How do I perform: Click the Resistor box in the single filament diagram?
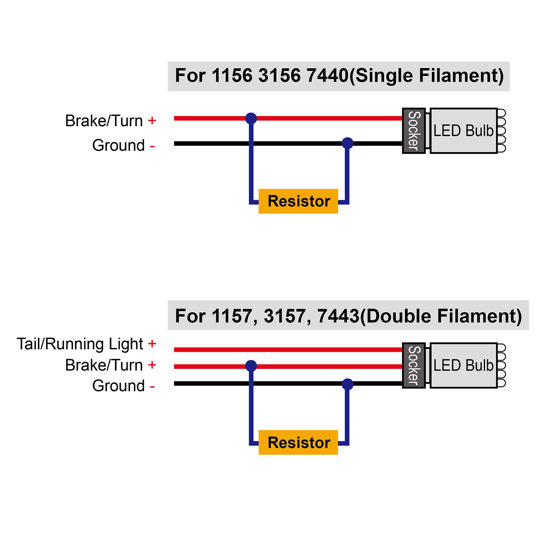click(298, 201)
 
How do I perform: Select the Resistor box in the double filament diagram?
click(298, 442)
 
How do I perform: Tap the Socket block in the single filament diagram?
click(414, 131)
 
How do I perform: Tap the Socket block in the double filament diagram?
click(414, 365)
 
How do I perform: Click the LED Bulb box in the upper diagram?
click(463, 131)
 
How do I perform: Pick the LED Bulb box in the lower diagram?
click(463, 365)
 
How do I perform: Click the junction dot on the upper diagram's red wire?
click(251, 118)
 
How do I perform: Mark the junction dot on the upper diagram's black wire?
click(347, 143)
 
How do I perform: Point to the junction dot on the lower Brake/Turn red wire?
click(251, 366)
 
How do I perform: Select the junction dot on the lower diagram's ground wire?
click(347, 384)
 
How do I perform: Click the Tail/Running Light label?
click(80, 344)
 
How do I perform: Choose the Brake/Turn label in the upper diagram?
click(104, 121)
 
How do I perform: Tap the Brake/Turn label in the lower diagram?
click(104, 365)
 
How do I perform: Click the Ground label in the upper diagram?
click(119, 145)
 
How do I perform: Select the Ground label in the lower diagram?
click(119, 386)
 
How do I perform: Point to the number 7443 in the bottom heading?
click(338, 316)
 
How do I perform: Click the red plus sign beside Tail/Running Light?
click(152, 343)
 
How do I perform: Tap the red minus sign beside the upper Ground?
click(152, 147)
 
